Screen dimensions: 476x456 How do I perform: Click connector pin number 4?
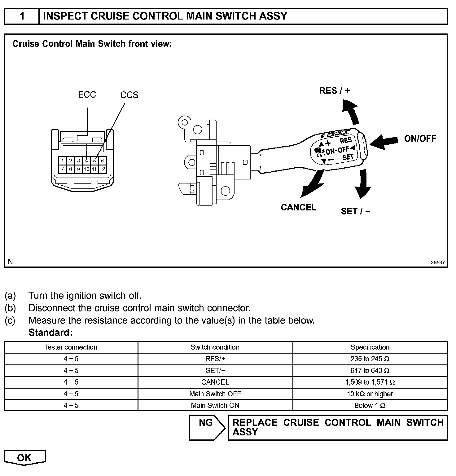[x=86, y=161]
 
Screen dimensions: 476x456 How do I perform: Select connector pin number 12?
[x=103, y=169]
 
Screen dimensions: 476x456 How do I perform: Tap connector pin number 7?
[x=63, y=169]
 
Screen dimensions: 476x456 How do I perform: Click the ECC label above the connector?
[x=87, y=95]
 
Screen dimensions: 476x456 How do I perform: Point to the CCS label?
[x=129, y=95]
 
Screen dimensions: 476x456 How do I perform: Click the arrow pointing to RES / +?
[x=350, y=111]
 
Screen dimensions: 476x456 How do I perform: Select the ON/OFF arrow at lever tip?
[x=384, y=142]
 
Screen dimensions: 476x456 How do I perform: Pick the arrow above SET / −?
[x=362, y=184]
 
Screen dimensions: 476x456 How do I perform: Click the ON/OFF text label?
[x=420, y=139]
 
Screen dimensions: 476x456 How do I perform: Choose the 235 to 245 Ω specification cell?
[x=370, y=359]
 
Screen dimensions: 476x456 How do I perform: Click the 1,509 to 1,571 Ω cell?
[x=370, y=382]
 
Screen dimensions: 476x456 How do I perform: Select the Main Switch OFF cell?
[x=215, y=394]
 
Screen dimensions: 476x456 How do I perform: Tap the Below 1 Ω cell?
[x=370, y=405]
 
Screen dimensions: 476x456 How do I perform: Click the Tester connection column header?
[x=71, y=347]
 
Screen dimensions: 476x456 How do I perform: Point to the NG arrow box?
[x=207, y=427]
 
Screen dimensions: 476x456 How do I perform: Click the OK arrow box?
[x=24, y=458]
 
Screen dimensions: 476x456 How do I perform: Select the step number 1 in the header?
[x=22, y=16]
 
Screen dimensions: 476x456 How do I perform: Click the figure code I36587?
[x=437, y=262]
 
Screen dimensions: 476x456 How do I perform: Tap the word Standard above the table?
[x=50, y=333]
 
